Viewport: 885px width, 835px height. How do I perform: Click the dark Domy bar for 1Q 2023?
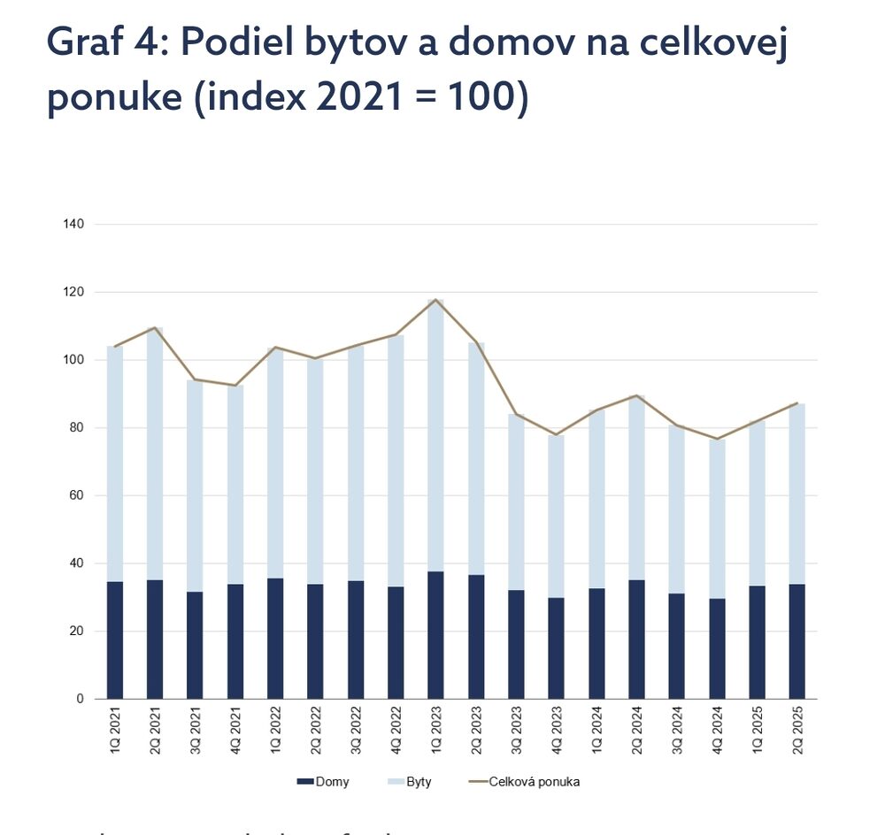coord(436,635)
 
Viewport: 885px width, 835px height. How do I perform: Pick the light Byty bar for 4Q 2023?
coord(557,517)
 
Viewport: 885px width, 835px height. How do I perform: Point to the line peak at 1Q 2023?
coord(436,300)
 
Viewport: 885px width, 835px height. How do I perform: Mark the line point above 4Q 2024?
coord(718,439)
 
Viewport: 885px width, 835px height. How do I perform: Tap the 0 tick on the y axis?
coord(80,699)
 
